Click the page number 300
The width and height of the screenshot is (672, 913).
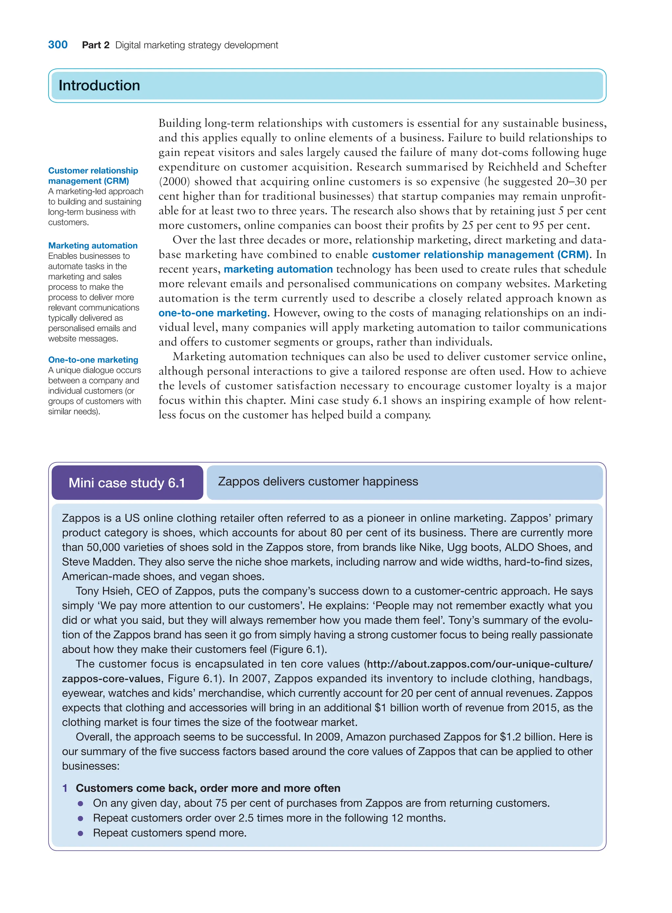(58, 45)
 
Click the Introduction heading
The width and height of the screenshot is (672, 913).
(99, 85)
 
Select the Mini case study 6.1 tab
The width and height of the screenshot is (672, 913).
(127, 483)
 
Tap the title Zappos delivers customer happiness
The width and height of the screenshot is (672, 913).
(318, 482)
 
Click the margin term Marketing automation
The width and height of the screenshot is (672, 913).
(93, 246)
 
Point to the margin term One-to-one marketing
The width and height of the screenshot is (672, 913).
(93, 360)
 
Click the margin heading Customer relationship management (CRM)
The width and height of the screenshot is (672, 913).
(93, 176)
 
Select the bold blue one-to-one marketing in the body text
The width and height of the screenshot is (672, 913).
(213, 313)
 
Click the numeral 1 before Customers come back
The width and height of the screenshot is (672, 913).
(65, 788)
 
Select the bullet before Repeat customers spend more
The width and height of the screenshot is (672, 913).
(80, 833)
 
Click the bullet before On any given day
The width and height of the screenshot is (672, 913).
(80, 804)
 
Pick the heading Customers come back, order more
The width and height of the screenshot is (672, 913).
(208, 788)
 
